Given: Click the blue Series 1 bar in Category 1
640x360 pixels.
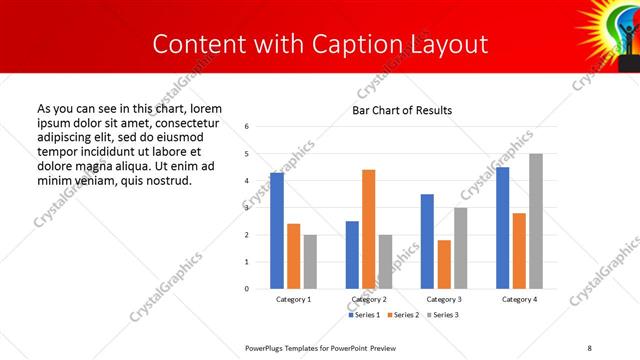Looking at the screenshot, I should [277, 231].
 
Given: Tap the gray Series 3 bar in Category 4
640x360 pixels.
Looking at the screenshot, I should [536, 221].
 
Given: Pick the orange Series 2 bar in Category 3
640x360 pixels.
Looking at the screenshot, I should [444, 264].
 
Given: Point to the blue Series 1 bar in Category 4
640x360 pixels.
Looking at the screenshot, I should [502, 228].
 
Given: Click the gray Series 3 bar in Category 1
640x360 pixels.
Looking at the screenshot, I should [310, 262].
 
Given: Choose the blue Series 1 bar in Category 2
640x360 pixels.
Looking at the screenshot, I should [352, 255].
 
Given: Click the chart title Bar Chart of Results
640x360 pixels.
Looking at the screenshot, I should [402, 110].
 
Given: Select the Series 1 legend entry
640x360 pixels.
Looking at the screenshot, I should [364, 315].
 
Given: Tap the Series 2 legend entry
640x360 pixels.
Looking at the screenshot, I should [402, 315].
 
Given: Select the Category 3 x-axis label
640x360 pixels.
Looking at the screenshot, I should [444, 299].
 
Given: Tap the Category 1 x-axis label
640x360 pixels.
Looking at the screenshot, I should [293, 299].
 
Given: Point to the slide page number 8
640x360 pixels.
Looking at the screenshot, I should [587, 347].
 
